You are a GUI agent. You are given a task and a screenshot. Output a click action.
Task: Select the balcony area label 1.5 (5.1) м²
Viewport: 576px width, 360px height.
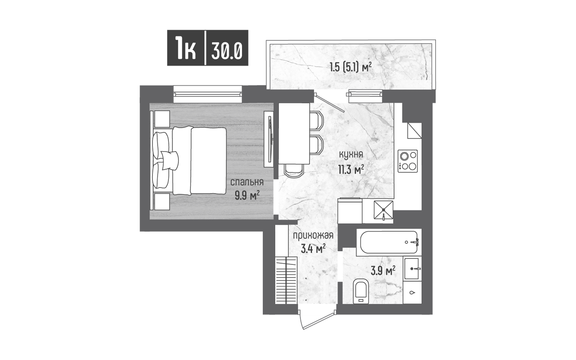[x=351, y=68]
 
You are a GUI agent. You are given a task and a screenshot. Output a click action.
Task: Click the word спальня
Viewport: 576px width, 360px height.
[x=247, y=182]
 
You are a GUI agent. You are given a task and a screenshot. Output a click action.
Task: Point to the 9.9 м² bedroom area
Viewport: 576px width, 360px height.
[x=247, y=196]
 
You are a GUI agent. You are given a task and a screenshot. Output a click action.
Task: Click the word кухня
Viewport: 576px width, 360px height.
[x=351, y=155]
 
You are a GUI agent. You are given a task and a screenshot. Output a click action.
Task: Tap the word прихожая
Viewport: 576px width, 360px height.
[x=313, y=236]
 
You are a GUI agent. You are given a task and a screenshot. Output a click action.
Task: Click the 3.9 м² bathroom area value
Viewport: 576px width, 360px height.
[x=383, y=271]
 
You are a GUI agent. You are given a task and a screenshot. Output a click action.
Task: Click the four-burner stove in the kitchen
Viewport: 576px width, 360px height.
[x=408, y=161]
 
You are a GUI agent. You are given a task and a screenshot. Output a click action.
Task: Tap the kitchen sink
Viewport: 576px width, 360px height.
[x=383, y=210]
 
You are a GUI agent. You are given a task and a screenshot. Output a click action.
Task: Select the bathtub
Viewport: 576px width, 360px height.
[x=389, y=242]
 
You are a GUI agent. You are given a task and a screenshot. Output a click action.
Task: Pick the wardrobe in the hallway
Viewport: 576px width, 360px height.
[x=286, y=280]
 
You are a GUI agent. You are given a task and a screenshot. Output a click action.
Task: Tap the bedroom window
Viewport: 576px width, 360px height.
[x=208, y=94]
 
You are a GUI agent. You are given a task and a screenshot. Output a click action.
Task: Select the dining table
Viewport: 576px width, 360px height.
[x=294, y=134]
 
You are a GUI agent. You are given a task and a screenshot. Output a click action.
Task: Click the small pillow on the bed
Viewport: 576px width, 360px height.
[x=170, y=160]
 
